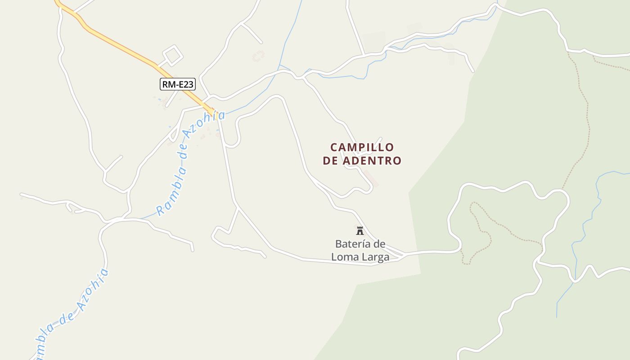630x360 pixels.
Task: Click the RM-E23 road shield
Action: coord(178,84)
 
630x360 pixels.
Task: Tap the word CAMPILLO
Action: coord(362,148)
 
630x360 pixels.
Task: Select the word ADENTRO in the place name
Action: coord(372,161)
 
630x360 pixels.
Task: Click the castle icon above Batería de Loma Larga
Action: coord(360,231)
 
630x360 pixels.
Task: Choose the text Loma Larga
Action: coord(360,257)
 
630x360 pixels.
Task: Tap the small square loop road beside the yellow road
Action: coord(172,55)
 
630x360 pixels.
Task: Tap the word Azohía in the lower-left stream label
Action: coord(93,290)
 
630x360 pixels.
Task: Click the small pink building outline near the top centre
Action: coord(258,56)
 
